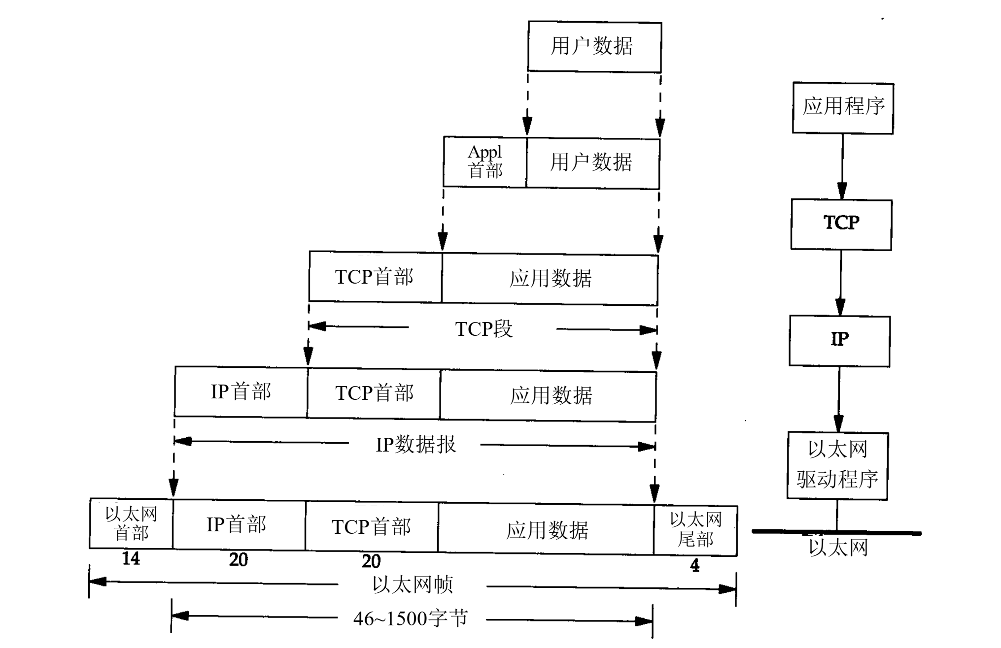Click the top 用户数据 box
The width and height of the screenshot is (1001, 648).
(594, 47)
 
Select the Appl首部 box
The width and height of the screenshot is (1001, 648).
(485, 162)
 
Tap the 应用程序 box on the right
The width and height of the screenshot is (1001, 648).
(843, 108)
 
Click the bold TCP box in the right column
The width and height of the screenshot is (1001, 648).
(841, 224)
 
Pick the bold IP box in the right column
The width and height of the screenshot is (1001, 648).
(839, 341)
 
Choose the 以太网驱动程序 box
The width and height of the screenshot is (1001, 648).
(837, 465)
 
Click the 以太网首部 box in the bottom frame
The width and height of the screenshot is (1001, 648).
(131, 524)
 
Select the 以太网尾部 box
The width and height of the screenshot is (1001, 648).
(695, 530)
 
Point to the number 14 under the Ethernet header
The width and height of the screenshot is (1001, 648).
(131, 559)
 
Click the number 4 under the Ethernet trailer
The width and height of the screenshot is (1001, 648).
(695, 566)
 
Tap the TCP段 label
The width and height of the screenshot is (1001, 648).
(483, 329)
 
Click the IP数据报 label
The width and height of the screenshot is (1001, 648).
(415, 445)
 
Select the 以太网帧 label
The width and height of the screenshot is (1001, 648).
(412, 585)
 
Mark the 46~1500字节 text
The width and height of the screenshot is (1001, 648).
(410, 619)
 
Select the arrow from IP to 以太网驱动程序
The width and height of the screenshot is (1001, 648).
(839, 399)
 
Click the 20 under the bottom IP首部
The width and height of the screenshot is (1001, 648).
(239, 560)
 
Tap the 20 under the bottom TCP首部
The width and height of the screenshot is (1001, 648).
(371, 561)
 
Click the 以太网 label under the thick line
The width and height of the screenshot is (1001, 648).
(838, 548)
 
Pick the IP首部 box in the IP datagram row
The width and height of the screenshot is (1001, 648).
(241, 392)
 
